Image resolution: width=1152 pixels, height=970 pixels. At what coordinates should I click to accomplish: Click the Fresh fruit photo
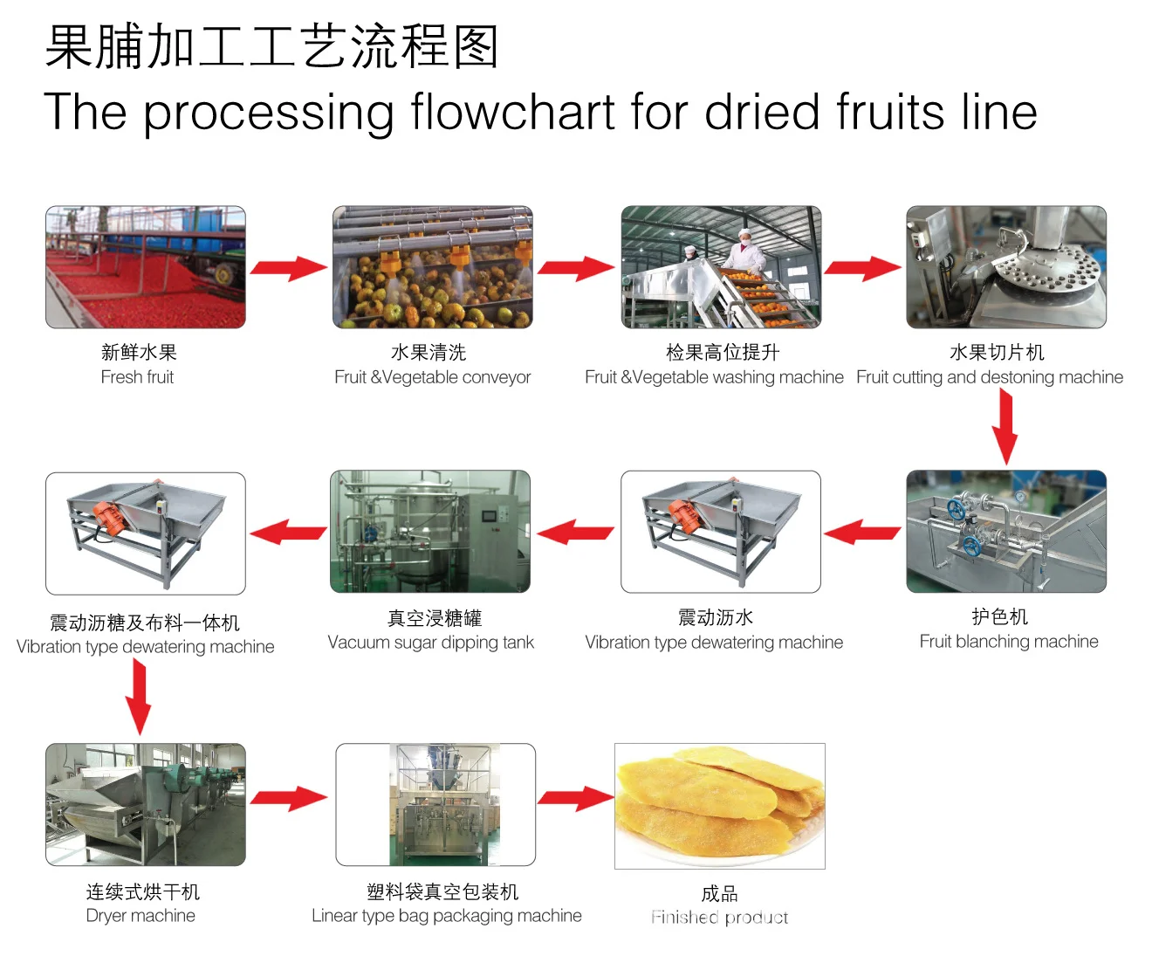pos(146,267)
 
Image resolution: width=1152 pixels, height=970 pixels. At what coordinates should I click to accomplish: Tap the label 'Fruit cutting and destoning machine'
pos(990,377)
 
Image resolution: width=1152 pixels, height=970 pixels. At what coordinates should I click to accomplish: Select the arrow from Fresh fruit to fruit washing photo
pos(289,267)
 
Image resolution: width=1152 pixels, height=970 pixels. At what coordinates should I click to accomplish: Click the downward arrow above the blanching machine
pos(1005,426)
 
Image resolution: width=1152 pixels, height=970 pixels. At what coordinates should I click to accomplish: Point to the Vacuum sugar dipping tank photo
pos(430,531)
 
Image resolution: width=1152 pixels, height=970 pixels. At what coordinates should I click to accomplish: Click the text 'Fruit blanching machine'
pos(1009,642)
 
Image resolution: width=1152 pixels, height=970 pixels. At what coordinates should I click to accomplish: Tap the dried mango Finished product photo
pos(719,805)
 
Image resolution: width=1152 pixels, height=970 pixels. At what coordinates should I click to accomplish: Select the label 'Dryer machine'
pos(141,916)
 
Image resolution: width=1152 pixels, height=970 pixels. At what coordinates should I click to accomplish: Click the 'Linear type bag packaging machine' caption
pos(447,916)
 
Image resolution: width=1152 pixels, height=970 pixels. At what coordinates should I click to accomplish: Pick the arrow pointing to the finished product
pos(575,797)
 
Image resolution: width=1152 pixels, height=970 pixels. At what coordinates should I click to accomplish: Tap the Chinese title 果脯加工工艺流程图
pos(271,46)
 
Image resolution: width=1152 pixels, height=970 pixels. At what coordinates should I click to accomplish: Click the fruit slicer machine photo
pos(1006,267)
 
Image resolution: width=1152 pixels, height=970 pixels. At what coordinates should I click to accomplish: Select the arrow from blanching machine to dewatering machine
pos(862,532)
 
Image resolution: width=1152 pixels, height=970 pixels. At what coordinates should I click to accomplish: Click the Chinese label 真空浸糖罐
pos(435,619)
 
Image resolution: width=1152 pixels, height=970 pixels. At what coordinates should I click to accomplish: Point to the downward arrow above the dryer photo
pos(138,696)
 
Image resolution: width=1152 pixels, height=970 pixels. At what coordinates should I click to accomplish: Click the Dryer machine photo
pos(146,804)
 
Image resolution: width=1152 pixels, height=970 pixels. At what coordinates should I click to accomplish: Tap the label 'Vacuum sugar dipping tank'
pos(430,643)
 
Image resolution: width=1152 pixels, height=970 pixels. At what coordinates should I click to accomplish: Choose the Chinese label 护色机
pos(1000,617)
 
